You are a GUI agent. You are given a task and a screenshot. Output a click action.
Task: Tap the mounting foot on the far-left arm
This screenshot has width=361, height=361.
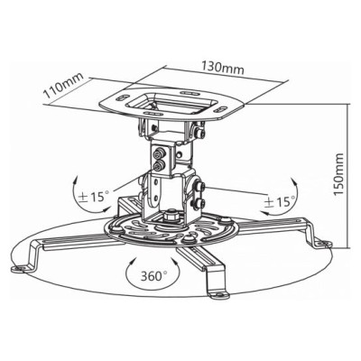click(x=20, y=267)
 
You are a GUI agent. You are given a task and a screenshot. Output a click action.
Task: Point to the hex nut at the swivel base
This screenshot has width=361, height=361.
click(x=171, y=216)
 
